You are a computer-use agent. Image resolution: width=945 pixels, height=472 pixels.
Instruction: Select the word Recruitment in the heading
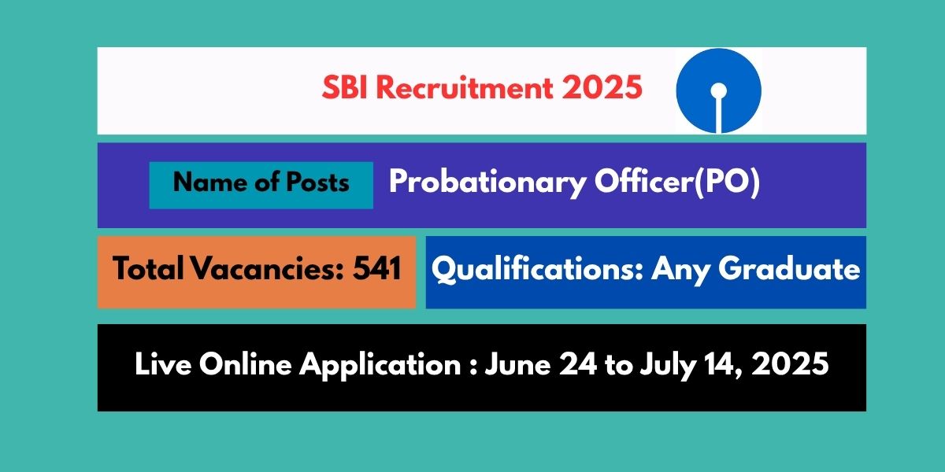(x=465, y=88)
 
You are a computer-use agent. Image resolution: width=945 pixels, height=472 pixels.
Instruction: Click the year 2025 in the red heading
(x=602, y=88)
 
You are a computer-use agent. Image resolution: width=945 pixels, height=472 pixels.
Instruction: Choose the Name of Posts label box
(x=261, y=185)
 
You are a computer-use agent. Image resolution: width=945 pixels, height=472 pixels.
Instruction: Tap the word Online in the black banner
(x=245, y=366)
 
